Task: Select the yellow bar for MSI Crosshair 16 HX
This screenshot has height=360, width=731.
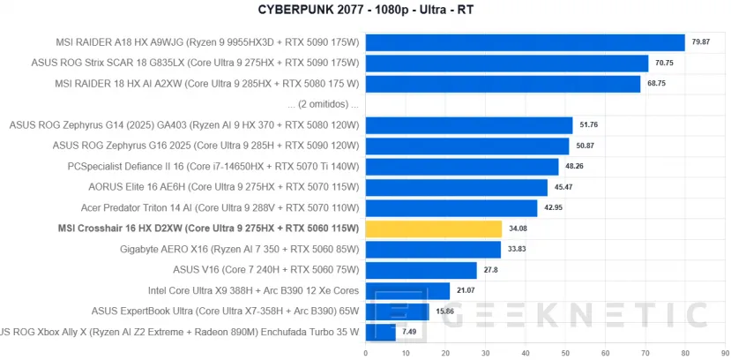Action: point(433,229)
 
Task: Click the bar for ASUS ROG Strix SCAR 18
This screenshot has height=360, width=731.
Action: point(507,63)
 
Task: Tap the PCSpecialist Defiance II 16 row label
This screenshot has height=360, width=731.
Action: point(213,166)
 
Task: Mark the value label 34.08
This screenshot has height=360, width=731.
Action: point(518,229)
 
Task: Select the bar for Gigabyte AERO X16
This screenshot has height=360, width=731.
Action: point(433,250)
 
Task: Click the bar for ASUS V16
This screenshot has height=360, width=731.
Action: point(421,270)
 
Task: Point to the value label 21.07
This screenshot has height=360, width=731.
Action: point(465,290)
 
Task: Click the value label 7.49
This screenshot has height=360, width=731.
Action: point(410,332)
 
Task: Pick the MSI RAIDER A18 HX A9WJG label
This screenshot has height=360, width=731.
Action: point(205,41)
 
